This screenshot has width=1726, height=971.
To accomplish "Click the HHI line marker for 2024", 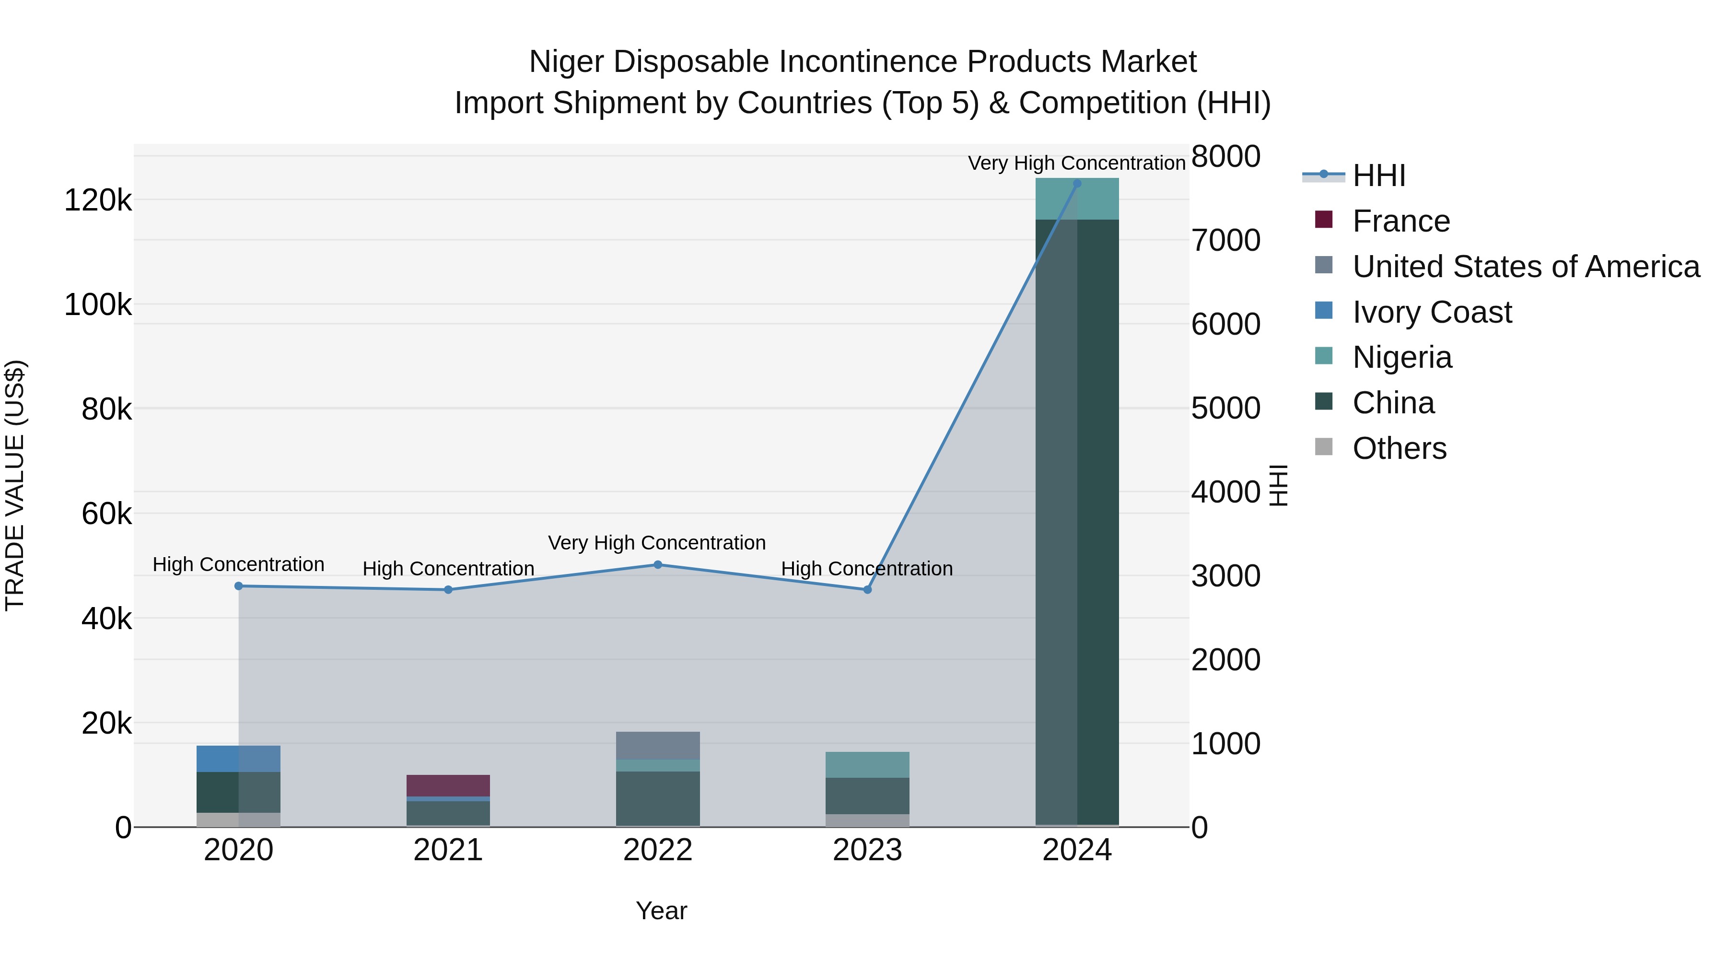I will (1077, 184).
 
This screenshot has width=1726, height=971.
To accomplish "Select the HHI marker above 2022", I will (657, 565).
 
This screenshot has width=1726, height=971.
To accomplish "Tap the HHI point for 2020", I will (239, 586).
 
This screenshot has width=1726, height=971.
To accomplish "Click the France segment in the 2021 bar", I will (448, 785).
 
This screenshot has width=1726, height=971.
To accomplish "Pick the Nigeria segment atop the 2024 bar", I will (1077, 199).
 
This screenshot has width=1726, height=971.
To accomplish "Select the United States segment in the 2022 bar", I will (657, 745).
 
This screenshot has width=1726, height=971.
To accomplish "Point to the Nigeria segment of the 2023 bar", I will (867, 765).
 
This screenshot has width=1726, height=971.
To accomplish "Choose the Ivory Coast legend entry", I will (1431, 312).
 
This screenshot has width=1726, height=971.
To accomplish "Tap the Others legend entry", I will (1399, 449).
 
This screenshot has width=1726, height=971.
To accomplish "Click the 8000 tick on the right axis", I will (1225, 157).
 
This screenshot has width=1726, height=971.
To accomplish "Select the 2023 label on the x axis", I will (867, 850).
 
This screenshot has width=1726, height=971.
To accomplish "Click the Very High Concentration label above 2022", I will (657, 543).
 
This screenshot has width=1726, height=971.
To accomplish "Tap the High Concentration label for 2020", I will (239, 565).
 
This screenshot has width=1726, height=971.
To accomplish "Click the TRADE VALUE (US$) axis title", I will (15, 485).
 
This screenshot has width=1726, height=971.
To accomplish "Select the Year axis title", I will (661, 911).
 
